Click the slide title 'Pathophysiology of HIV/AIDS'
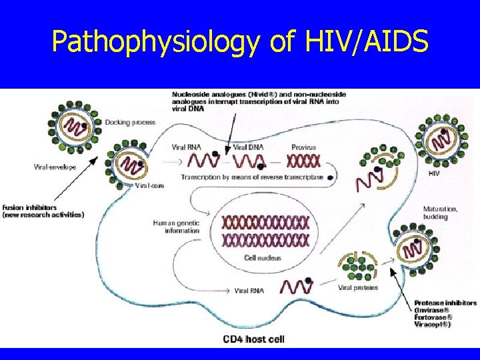[x=240, y=43]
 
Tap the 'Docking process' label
[x=130, y=122]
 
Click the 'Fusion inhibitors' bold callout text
[x=43, y=211]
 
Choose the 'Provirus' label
[x=303, y=147]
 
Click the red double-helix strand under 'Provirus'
[x=303, y=161]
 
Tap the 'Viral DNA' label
[x=247, y=147]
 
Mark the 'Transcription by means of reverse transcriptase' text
[x=252, y=177]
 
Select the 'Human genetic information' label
[x=176, y=227]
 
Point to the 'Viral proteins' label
[x=358, y=288]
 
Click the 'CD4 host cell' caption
[x=253, y=339]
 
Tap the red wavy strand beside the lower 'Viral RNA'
[x=297, y=287]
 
